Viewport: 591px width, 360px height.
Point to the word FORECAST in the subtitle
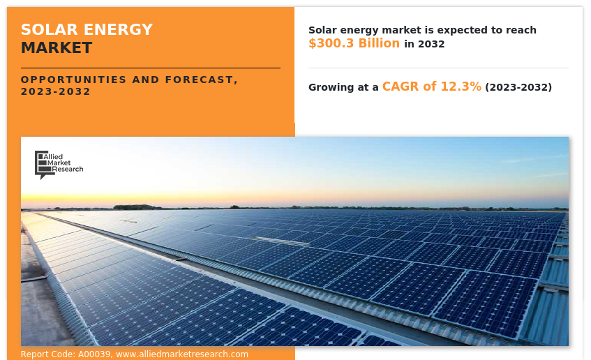tap(199, 80)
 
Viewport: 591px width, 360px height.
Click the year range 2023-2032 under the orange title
tap(56, 92)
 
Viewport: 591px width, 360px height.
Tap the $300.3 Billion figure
tap(354, 43)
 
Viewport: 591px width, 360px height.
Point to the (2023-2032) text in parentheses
tap(518, 87)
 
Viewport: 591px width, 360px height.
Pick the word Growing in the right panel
tap(332, 87)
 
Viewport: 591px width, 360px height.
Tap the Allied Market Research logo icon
tap(42, 164)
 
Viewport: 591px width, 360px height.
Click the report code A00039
tap(93, 354)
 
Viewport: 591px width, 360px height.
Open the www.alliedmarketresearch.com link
tap(182, 354)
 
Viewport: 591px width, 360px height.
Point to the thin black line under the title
tap(150, 68)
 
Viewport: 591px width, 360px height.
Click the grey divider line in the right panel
tap(438, 68)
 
